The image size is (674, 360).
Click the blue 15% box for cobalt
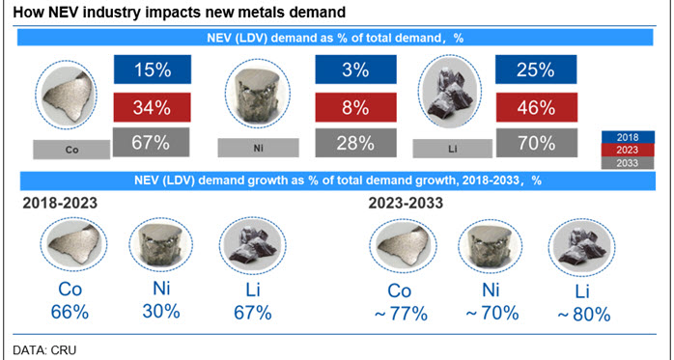[153, 69]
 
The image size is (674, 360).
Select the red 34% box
[152, 107]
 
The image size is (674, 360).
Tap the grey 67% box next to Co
[151, 142]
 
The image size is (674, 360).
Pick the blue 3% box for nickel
[355, 69]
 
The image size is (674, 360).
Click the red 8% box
[355, 107]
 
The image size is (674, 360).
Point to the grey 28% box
[355, 143]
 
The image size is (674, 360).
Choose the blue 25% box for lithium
[536, 69]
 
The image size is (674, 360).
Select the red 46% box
[537, 107]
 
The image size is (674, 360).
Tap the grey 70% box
[537, 143]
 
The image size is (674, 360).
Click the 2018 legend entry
[628, 137]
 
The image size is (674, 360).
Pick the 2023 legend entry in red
[628, 150]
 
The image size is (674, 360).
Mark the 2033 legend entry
[628, 163]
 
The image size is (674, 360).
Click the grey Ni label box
[259, 149]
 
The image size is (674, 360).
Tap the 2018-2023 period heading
[60, 203]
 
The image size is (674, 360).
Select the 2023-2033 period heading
[406, 203]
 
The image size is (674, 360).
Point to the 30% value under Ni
[161, 312]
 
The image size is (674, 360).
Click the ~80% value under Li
[584, 315]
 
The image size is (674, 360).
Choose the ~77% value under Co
[401, 314]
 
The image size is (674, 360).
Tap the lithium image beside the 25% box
[450, 91]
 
